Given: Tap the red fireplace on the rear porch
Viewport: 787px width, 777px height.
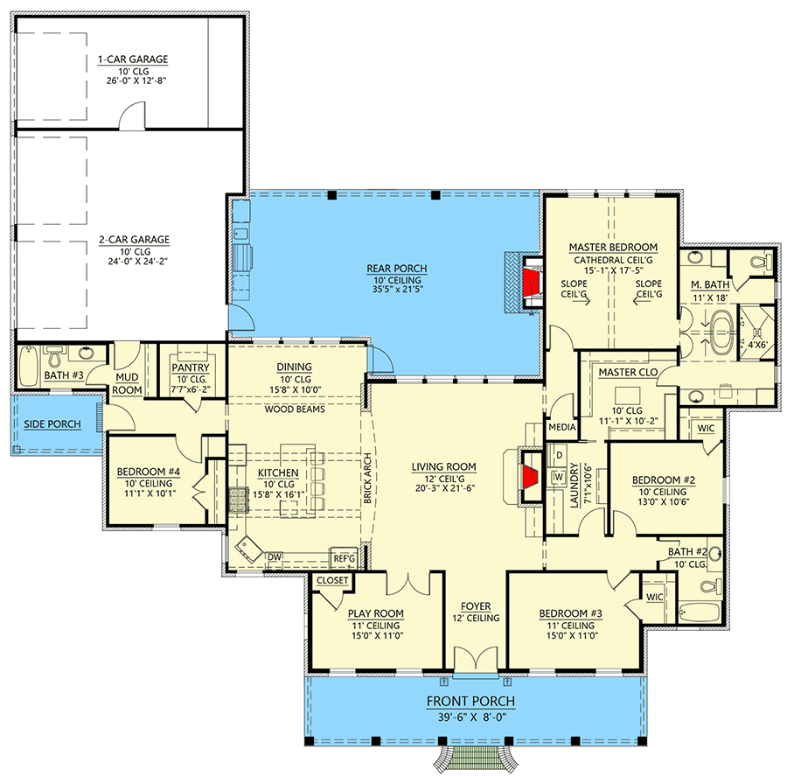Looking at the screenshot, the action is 531,283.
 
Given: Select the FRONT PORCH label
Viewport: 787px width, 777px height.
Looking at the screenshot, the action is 470,701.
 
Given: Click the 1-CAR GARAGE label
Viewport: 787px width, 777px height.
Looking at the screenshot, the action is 133,59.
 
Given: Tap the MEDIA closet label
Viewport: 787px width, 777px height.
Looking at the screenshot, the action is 562,427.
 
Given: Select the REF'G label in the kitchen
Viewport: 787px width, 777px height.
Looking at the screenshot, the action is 345,558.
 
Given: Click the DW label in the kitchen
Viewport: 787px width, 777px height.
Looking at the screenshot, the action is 275,557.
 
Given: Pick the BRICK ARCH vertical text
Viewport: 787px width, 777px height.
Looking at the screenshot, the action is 367,478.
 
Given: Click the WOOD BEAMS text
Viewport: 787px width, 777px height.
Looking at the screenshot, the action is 295,409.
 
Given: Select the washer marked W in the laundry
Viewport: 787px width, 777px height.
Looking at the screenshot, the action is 559,476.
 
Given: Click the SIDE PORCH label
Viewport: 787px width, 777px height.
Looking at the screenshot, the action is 52,424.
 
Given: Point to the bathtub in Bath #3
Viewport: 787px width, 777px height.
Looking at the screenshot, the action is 29,366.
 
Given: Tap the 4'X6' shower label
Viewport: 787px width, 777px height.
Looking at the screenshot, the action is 758,345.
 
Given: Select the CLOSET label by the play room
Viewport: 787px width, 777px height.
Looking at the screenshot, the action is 332,581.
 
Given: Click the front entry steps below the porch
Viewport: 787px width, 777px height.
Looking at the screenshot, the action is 476,758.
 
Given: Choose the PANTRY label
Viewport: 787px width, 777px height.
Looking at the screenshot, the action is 191,367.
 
